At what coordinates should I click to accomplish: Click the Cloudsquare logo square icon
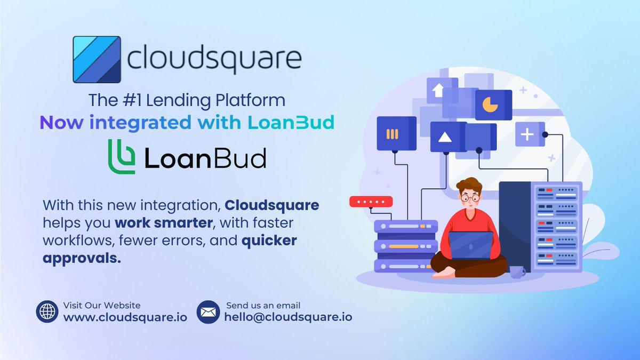click(x=97, y=59)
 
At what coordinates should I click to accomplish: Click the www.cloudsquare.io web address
click(x=125, y=317)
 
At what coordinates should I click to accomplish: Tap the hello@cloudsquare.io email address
click(x=288, y=317)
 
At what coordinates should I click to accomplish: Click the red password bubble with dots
click(x=371, y=202)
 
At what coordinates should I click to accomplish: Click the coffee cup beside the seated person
click(x=516, y=271)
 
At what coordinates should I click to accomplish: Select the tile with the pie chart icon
click(x=493, y=105)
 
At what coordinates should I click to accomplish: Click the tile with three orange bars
click(x=396, y=133)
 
